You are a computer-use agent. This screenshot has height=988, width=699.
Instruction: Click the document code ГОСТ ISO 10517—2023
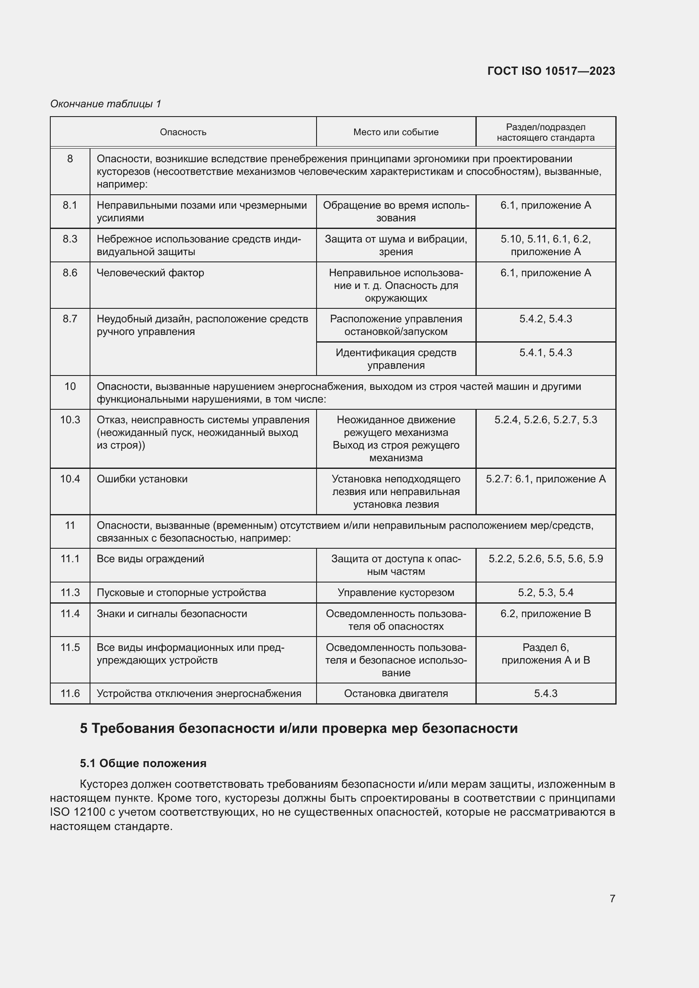click(551, 71)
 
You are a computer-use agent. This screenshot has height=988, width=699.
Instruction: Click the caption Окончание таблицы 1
click(106, 104)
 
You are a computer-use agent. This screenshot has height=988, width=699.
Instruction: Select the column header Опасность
click(183, 132)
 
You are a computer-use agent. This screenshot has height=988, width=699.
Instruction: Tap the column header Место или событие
click(396, 132)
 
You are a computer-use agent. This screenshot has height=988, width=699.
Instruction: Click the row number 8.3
click(70, 239)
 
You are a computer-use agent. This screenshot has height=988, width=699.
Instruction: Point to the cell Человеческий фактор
click(150, 273)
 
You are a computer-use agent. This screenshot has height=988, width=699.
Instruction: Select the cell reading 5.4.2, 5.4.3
click(545, 319)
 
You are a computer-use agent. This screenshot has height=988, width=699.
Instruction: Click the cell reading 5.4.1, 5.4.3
click(545, 353)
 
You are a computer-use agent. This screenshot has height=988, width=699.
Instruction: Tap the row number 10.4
click(70, 479)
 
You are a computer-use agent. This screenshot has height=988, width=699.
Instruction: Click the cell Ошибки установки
click(142, 479)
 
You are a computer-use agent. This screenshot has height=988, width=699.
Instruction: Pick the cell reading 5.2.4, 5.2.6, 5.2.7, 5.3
click(545, 420)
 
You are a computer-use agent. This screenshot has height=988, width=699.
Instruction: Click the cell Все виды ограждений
click(150, 559)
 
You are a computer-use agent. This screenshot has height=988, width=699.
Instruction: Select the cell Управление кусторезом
click(396, 593)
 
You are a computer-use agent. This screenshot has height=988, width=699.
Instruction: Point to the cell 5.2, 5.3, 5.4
click(545, 593)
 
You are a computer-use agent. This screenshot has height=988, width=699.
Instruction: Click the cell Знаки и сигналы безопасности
click(172, 614)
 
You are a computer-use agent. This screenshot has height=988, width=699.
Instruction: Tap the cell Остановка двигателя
click(396, 693)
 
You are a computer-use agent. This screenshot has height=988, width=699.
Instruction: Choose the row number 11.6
click(70, 693)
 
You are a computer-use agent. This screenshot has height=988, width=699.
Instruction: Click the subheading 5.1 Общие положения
click(143, 763)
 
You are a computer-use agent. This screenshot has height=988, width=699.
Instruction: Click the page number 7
click(612, 898)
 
